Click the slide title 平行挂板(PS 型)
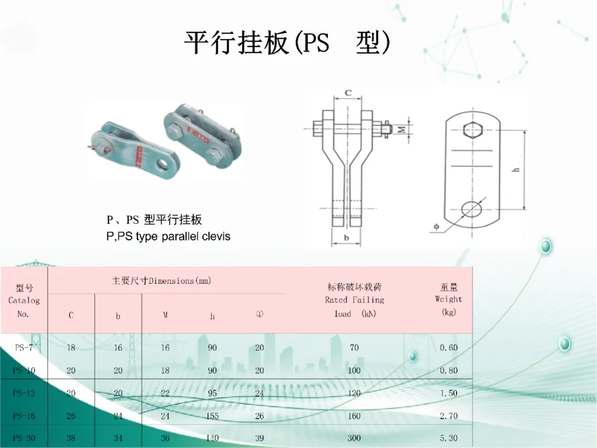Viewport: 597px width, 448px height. (x=287, y=43)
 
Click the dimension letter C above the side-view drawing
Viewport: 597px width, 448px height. (x=348, y=93)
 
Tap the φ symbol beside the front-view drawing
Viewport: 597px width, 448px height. (x=436, y=226)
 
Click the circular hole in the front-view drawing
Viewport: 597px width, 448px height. (x=471, y=209)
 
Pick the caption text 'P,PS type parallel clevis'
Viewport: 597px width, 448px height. (x=168, y=236)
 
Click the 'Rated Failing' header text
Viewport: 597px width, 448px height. (x=354, y=300)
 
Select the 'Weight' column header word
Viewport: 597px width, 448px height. (x=448, y=299)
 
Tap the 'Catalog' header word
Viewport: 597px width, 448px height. (x=24, y=300)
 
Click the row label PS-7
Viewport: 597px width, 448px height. (x=24, y=348)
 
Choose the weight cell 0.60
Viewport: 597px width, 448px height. (x=448, y=348)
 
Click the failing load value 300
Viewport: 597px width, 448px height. (x=354, y=438)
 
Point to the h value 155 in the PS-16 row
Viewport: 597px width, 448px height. (x=212, y=416)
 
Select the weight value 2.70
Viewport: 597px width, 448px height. (x=448, y=416)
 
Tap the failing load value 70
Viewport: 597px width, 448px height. (x=354, y=348)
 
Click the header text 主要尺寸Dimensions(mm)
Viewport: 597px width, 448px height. (x=161, y=280)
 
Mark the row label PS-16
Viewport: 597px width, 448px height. (x=24, y=416)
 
